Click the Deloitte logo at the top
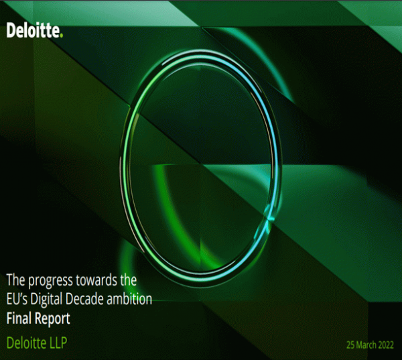tap(35, 30)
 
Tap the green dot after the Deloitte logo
tap(61, 36)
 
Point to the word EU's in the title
tap(17, 299)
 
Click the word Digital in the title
tap(46, 300)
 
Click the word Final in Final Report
tap(19, 318)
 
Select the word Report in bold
tap(52, 319)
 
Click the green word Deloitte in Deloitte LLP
tap(26, 343)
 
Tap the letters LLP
tap(58, 343)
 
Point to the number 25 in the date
tap(350, 345)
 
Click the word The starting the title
tap(16, 280)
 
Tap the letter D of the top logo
tap(11, 31)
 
